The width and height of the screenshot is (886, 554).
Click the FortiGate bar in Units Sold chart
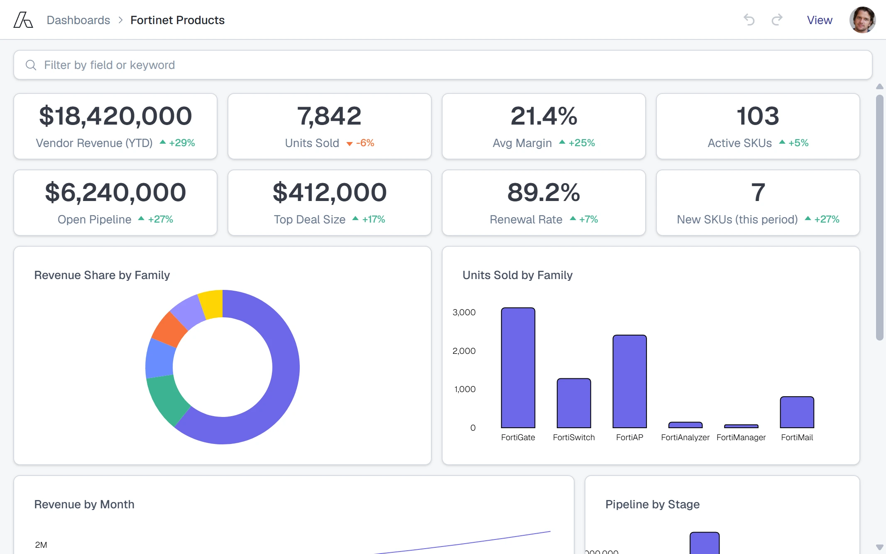[518, 368]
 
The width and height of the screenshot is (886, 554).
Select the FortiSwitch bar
[574, 403]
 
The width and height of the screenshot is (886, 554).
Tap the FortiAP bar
[629, 381]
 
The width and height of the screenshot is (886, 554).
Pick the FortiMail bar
[797, 412]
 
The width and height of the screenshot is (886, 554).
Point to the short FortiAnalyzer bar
[685, 425]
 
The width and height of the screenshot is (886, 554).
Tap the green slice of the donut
[166, 399]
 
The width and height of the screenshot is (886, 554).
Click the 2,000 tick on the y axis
[464, 351]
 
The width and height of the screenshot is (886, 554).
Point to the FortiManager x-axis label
[741, 437]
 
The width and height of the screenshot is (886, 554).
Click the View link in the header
[820, 20]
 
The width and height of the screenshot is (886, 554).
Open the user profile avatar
[862, 20]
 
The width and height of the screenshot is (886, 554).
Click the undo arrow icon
[749, 20]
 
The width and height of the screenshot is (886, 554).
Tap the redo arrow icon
[777, 20]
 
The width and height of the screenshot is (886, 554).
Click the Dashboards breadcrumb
[78, 20]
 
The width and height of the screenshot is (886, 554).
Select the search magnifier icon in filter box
[31, 65]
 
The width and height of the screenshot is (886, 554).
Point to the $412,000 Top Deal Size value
[330, 192]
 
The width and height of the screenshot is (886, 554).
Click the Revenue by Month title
[84, 504]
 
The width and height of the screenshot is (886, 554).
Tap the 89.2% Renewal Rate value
[543, 192]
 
